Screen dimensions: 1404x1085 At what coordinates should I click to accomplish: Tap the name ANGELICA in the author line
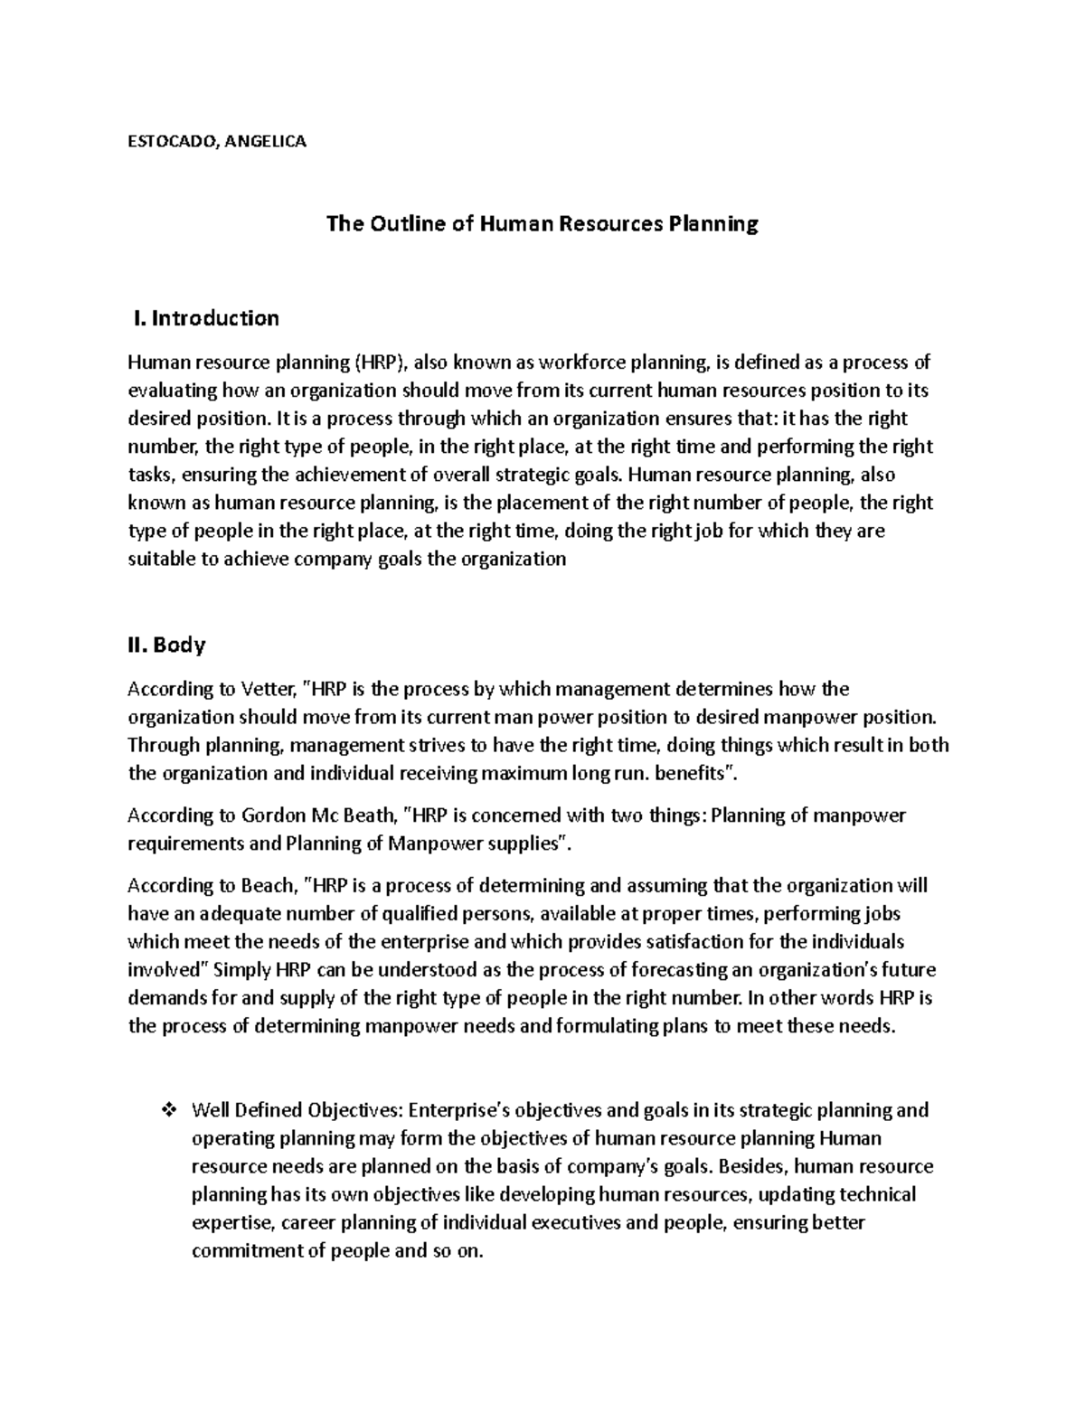266,141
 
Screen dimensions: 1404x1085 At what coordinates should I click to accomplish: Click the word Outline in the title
404,224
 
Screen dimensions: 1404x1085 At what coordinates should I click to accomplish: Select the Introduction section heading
215,318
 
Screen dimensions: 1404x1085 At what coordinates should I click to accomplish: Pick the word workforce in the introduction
582,363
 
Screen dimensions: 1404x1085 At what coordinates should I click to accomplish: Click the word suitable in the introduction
160,559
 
